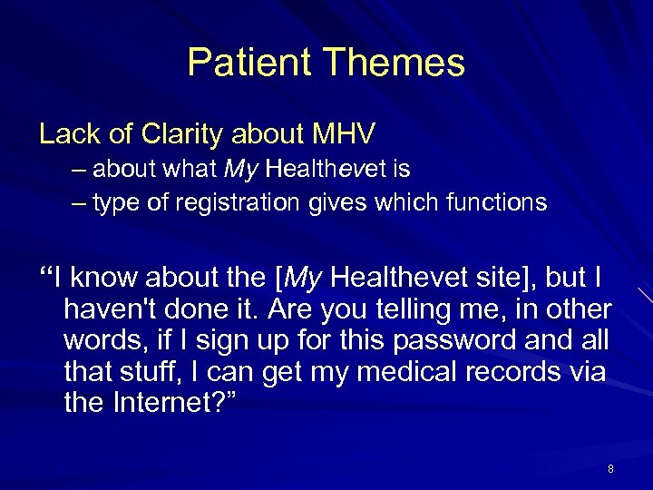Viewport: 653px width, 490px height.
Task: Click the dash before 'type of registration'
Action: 80,202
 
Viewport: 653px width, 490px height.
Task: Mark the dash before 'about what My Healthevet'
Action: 80,170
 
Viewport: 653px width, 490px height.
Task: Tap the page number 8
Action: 610,469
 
